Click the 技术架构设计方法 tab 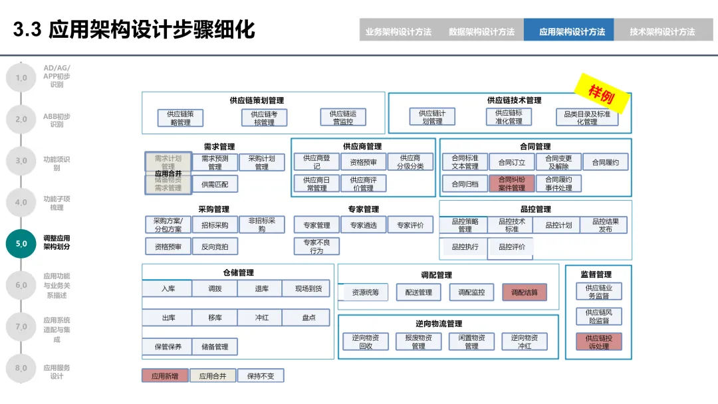pos(662,31)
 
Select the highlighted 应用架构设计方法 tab pos(572,31)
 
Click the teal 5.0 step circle pos(21,243)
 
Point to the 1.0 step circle pos(21,78)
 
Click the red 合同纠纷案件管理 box pos(512,183)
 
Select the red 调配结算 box pos(525,292)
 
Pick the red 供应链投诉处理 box pos(598,342)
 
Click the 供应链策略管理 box pos(180,118)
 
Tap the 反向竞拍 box pos(215,247)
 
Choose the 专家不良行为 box pos(316,247)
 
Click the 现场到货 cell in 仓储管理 pos(308,288)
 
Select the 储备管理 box pos(215,346)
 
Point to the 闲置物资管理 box pos(471,342)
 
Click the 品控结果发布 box pos(604,225)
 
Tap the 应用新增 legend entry pos(165,375)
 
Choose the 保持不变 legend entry pos(260,375)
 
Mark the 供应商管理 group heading pos(362,146)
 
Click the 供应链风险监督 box pos(598,316)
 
